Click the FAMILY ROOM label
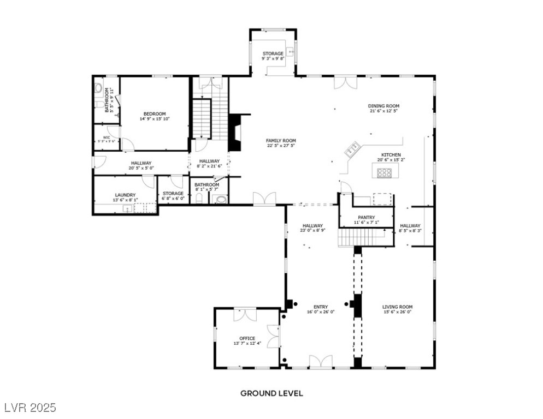[281, 140]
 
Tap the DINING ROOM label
[383, 106]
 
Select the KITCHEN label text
[390, 154]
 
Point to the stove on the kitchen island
[385, 172]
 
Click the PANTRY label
[366, 217]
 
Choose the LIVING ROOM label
[397, 307]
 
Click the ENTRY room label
[320, 307]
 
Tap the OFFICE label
[247, 338]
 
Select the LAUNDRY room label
[125, 195]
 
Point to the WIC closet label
[107, 137]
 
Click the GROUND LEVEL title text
[271, 393]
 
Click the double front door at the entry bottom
[320, 362]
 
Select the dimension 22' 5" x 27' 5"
[281, 146]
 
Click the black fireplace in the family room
[234, 131]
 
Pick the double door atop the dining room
[345, 81]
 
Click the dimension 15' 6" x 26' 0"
[397, 312]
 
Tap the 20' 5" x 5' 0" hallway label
[141, 168]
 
